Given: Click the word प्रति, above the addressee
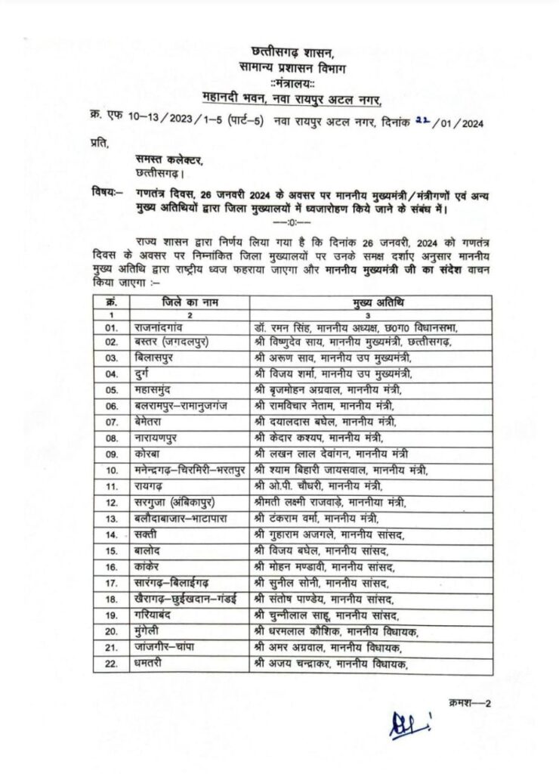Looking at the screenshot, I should coord(99,142).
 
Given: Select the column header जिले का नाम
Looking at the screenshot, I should coord(189,303).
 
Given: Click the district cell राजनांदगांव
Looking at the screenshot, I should coord(170,327).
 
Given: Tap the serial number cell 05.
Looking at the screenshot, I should coord(113,390).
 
